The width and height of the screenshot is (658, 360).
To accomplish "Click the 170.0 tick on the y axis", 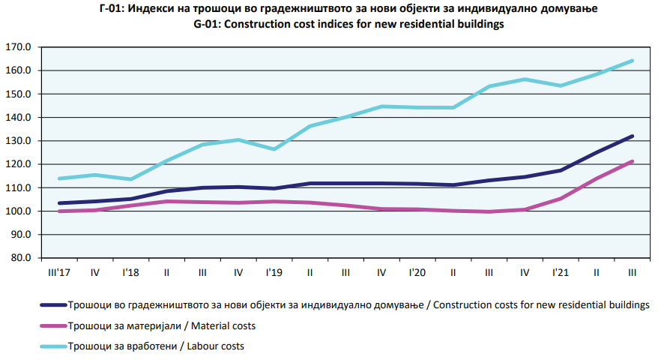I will click(x=19, y=47).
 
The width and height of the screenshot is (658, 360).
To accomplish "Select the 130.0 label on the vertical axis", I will click(x=19, y=141).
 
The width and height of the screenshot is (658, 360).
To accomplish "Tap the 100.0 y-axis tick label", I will click(x=19, y=211).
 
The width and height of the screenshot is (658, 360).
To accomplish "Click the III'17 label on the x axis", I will click(x=58, y=271).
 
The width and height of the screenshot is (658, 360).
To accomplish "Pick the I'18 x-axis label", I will click(x=131, y=271).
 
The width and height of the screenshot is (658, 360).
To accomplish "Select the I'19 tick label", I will click(x=274, y=271).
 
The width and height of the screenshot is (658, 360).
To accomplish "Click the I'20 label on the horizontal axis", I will click(x=417, y=271).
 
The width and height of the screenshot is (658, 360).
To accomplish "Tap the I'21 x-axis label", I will click(x=561, y=271).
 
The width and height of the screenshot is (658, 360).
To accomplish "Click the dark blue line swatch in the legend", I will click(x=50, y=306).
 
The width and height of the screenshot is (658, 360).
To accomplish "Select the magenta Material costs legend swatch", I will click(x=50, y=326).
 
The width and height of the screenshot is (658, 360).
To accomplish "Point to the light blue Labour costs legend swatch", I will click(x=50, y=346).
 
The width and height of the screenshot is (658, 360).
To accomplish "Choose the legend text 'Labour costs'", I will click(x=217, y=346).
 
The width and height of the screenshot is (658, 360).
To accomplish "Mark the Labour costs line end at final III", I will click(x=633, y=61).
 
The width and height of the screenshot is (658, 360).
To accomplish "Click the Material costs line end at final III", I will click(x=633, y=161).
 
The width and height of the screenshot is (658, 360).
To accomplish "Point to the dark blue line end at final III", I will click(x=633, y=136).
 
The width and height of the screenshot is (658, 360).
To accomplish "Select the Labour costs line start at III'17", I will click(x=58, y=178).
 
